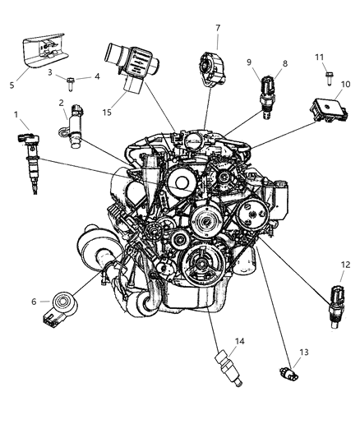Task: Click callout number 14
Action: pos(216,341)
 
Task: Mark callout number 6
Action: pos(34,302)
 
